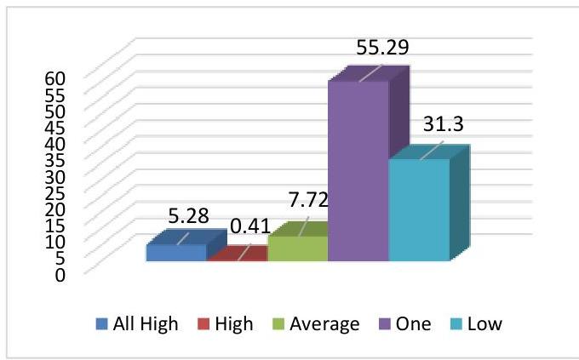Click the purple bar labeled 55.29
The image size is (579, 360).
pos(358,170)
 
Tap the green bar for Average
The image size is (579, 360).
pos(297,249)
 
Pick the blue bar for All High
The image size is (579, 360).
pos(176,253)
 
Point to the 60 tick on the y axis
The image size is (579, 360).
pos(54,77)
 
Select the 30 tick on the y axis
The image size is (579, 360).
pos(54,176)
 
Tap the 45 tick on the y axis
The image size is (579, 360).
pos(54,127)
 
